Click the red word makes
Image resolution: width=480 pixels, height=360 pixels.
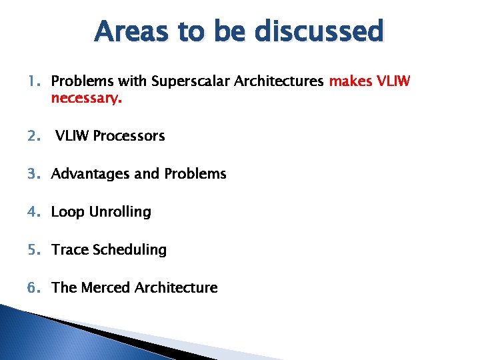pos(350,81)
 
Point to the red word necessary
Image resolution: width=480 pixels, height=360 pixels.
pos(87,99)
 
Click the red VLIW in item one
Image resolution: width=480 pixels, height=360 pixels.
pos(393,81)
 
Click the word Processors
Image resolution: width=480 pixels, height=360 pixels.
pos(129,136)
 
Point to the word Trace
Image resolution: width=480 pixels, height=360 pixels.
pos(70,250)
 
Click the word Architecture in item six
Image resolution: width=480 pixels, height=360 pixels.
pos(176,288)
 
